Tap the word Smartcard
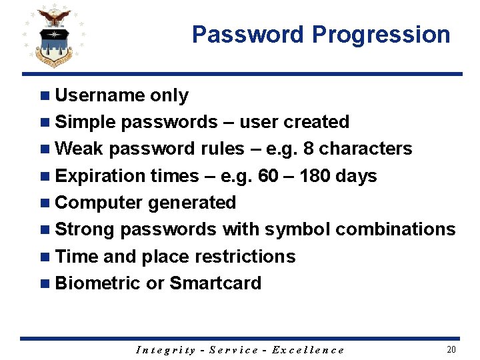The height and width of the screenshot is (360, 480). (215, 283)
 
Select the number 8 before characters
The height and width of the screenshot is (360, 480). (308, 149)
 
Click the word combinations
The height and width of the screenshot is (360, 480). (395, 229)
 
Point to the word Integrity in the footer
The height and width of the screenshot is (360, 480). (166, 350)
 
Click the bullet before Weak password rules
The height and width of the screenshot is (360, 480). (45, 149)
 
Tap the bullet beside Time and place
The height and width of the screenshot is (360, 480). (45, 256)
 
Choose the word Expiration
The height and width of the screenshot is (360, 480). (100, 176)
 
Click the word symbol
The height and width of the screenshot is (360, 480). (297, 229)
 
